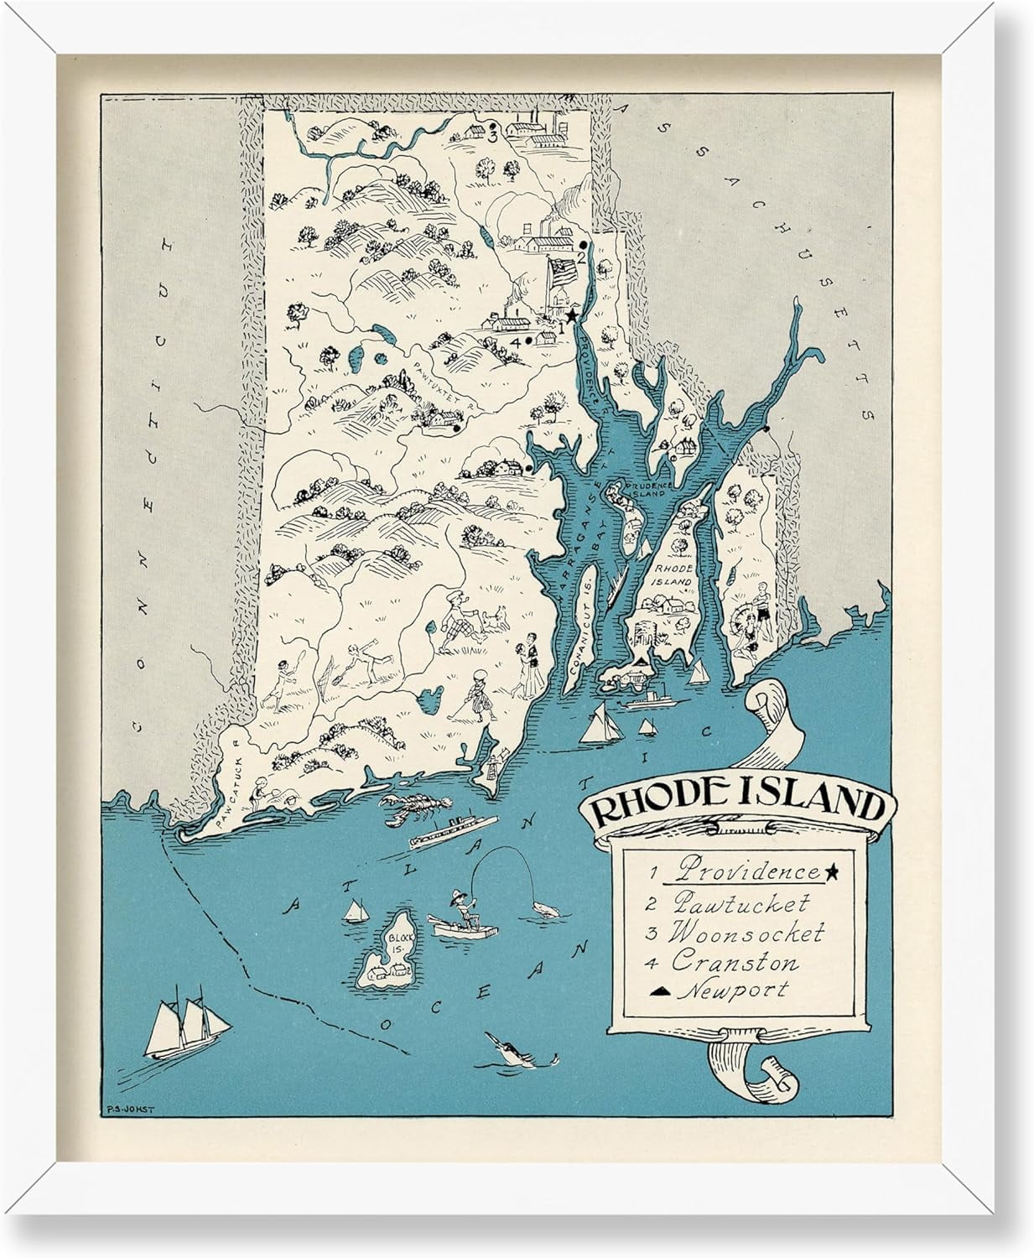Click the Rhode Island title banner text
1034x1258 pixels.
tap(736, 806)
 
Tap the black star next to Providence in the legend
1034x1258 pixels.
tap(832, 873)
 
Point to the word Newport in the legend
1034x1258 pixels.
tap(733, 990)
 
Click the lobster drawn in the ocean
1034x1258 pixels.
tap(411, 809)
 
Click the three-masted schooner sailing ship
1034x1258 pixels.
tap(179, 1027)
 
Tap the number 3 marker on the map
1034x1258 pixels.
tap(493, 133)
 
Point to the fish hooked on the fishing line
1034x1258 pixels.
tap(546, 908)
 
